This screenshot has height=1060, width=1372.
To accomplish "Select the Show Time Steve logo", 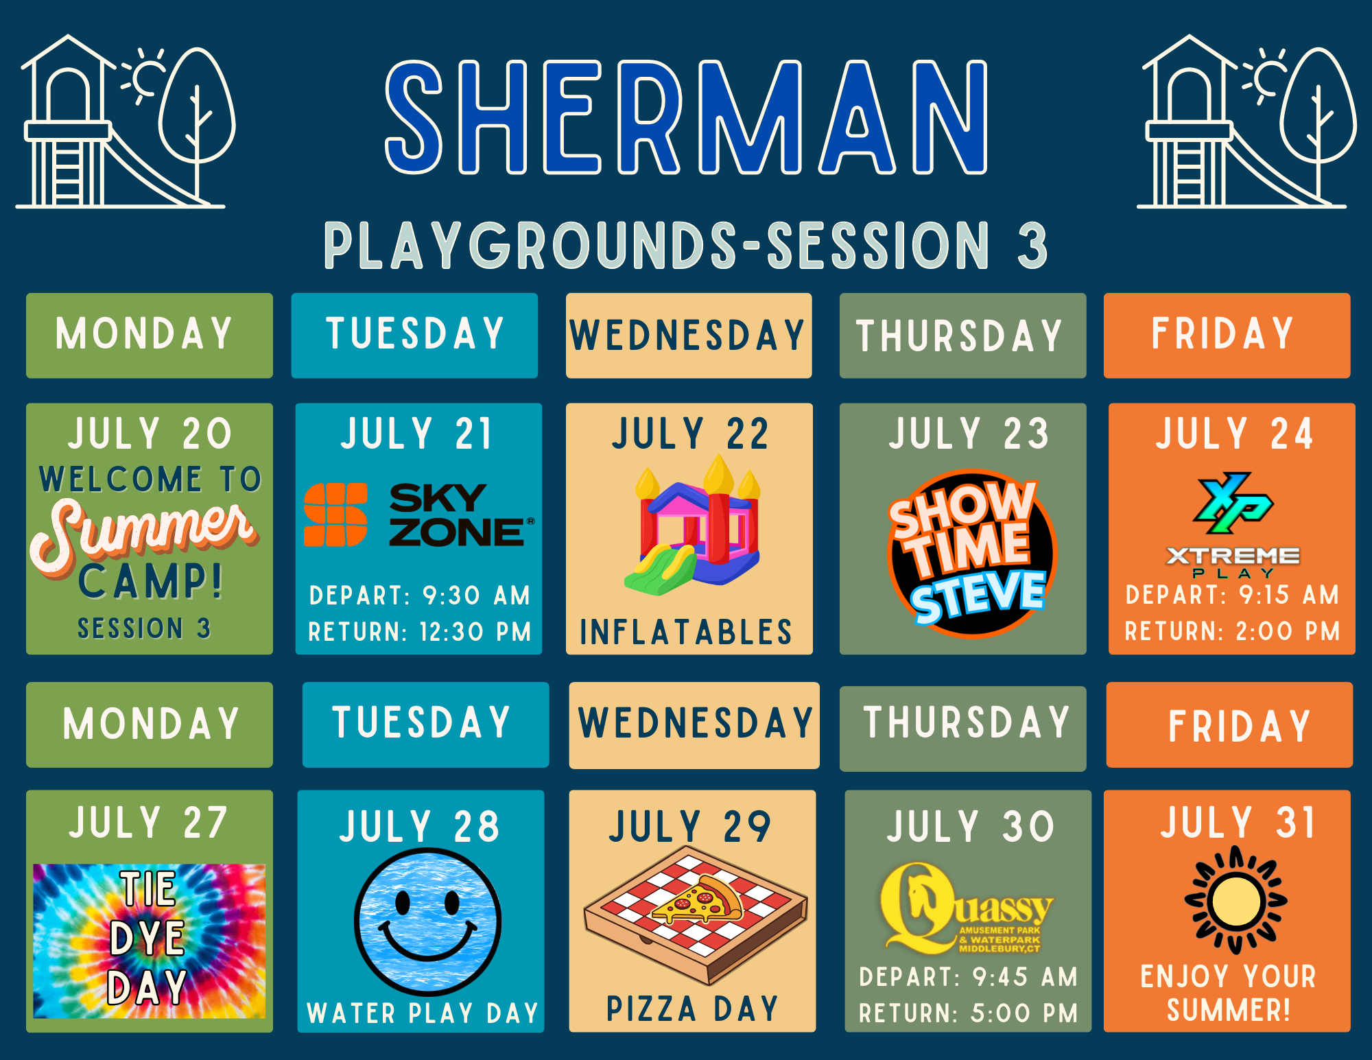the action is [970, 553].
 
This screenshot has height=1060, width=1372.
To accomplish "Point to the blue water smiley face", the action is [428, 921].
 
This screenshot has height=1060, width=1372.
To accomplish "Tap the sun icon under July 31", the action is [1235, 900].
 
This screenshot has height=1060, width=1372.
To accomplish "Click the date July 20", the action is [150, 434].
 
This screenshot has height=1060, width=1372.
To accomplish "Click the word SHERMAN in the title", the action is [687, 117].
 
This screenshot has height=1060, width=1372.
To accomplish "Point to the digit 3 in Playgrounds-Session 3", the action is [1032, 245].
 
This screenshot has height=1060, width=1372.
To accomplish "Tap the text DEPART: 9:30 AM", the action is [420, 596].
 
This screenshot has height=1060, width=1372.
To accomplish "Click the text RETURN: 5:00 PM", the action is [969, 1013].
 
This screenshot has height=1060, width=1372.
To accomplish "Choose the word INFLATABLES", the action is [686, 632].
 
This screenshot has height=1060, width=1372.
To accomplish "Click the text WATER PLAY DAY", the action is [423, 1013].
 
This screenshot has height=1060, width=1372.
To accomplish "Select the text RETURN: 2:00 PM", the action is [1232, 631].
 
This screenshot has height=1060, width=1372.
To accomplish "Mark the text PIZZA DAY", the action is [692, 1009].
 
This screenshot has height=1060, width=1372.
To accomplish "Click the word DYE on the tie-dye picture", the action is [147, 938].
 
